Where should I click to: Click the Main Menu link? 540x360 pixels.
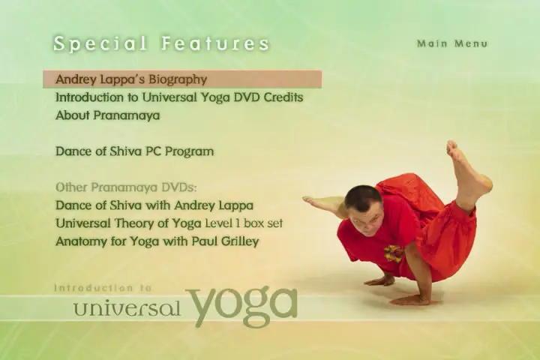coord(452,43)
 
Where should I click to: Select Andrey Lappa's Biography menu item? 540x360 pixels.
coord(131,79)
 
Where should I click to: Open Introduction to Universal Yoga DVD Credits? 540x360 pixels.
coord(179,97)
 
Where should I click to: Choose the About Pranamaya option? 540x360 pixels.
coord(108,115)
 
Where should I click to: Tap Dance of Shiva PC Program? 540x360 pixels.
coord(135,151)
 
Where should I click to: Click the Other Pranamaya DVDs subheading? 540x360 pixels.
coord(126,187)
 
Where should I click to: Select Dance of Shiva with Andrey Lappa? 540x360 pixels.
coord(154,205)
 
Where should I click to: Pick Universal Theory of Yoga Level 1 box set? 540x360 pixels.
coord(169,223)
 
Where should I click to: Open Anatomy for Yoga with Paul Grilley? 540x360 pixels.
coord(157,241)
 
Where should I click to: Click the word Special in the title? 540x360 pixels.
coord(100,44)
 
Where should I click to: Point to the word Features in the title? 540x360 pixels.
coord(215,43)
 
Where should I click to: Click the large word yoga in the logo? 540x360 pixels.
coord(241,306)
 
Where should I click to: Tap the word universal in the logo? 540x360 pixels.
coord(127,308)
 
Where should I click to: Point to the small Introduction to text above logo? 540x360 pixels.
coord(103,288)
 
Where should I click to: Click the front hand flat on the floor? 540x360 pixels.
coord(409,301)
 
